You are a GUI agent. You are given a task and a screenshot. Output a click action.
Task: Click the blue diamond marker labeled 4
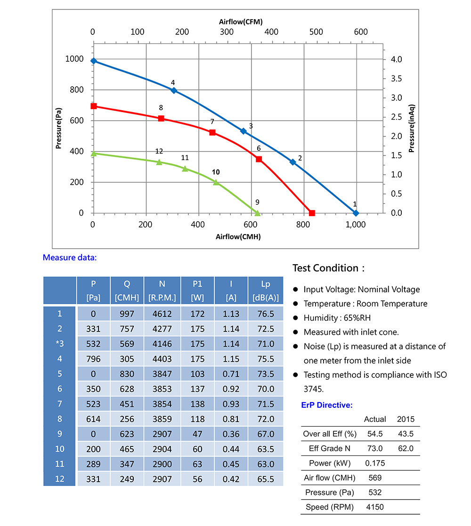pos(174,90)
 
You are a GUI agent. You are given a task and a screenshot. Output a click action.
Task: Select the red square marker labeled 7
pos(212,132)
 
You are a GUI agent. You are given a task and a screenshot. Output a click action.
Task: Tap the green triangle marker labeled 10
pos(216,182)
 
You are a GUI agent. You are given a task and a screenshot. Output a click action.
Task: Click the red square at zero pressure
pos(312,213)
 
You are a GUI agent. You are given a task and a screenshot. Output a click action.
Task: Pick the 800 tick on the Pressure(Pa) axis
pos(77,89)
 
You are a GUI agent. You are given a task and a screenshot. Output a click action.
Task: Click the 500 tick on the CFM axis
pos(316,32)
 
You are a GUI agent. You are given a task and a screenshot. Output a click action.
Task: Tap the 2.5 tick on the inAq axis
pos(396,117)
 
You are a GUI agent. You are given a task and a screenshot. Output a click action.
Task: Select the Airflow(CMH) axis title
pos(238,237)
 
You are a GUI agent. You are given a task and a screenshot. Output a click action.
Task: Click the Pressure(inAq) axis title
pos(412,129)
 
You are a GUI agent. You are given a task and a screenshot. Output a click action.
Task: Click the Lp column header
pos(266,291)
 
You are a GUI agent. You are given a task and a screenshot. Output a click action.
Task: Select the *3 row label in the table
pos(60,343)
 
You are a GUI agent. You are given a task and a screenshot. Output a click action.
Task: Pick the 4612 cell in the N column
pos(162,314)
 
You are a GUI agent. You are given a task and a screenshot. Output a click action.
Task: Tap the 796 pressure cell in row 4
pos(93,359)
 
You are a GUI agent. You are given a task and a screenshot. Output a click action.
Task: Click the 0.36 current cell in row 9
pos(231,434)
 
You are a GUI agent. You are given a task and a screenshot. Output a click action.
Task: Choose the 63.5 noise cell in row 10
pos(266,449)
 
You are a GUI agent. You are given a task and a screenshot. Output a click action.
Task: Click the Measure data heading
pos(70,258)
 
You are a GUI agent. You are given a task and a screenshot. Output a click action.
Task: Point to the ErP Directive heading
pos(327,405)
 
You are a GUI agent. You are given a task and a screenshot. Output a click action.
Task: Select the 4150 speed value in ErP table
pos(375,507)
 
